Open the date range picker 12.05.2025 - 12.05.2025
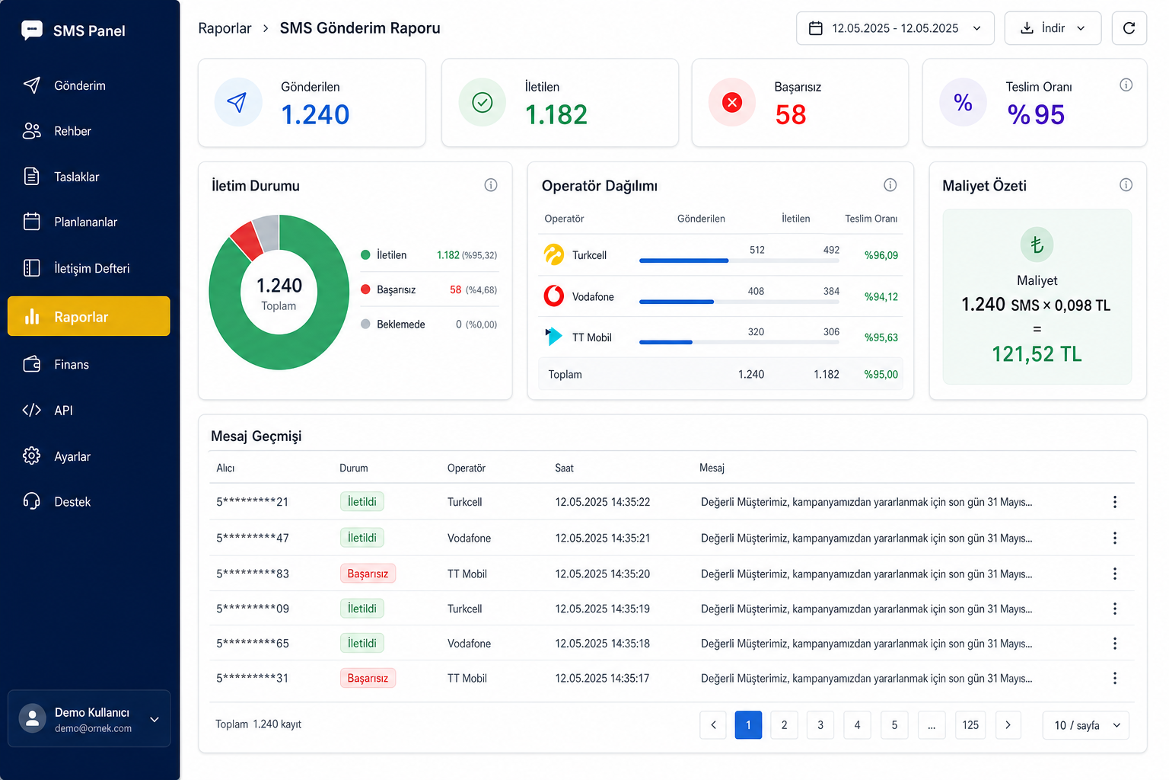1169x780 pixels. point(895,28)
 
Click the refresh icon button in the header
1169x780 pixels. point(1129,28)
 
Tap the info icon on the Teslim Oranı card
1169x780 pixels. point(1126,85)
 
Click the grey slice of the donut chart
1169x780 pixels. point(267,232)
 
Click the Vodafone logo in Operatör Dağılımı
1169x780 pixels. point(554,296)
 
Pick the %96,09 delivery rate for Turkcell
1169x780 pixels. point(881,255)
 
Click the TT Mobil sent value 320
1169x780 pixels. point(756,332)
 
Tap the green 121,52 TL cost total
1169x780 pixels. point(1037,354)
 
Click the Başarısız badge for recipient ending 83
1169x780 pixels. point(368,574)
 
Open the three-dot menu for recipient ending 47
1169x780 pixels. point(1115,538)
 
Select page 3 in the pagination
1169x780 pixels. point(820,724)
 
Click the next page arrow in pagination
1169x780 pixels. point(1008,724)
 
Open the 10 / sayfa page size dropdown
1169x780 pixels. point(1085,724)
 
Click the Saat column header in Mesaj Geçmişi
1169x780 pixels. point(564,468)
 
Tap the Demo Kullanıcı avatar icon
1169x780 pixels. point(33,718)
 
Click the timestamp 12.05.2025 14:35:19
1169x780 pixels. point(602,609)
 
